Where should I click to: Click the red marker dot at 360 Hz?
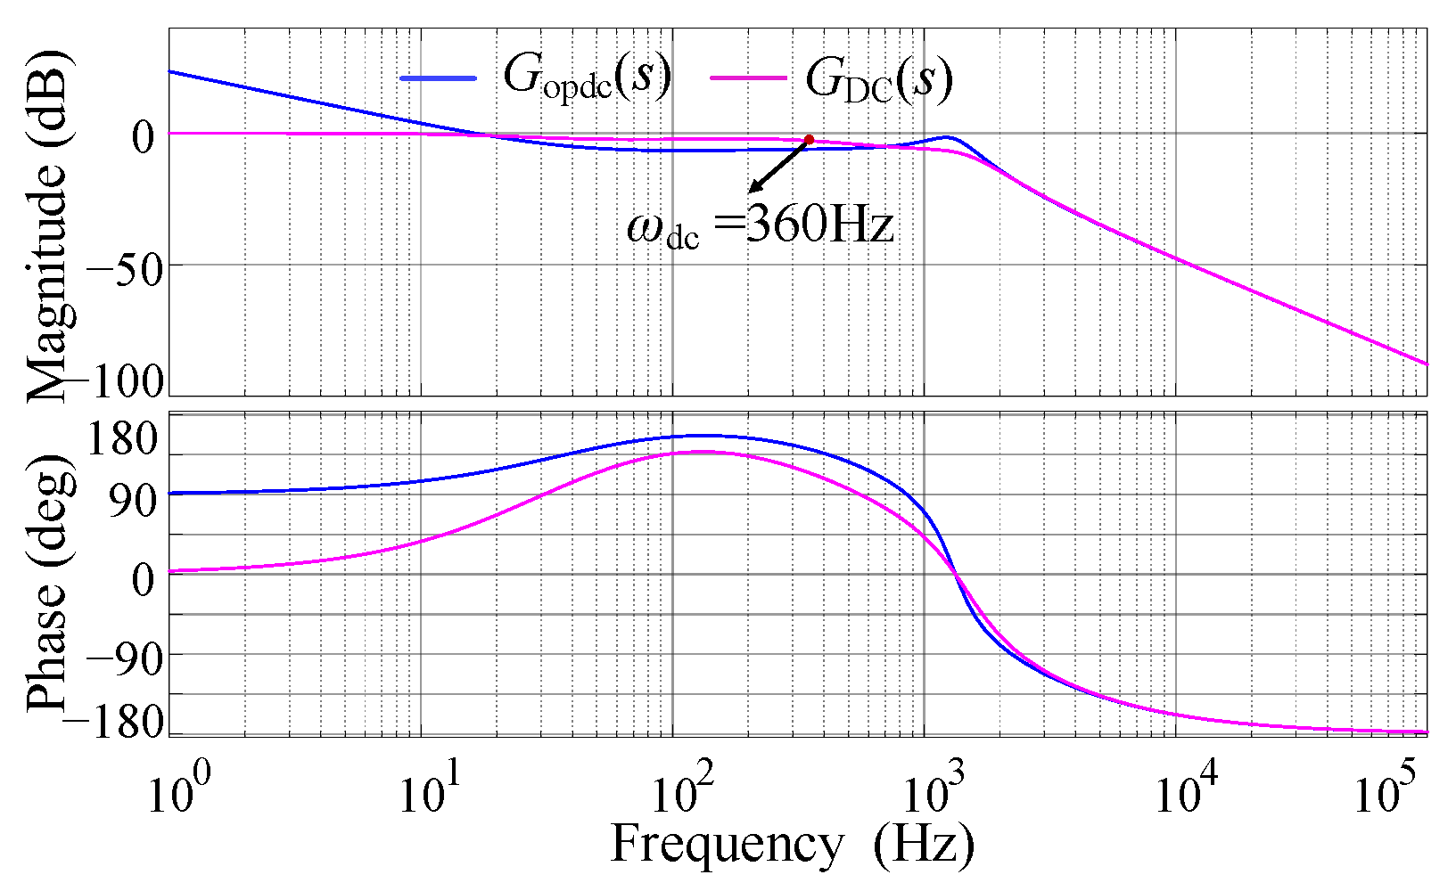click(809, 140)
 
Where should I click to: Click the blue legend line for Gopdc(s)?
click(438, 78)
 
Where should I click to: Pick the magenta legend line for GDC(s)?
click(748, 78)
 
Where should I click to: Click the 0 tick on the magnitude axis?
click(144, 136)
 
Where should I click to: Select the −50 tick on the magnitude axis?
click(125, 266)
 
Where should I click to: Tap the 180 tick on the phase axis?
click(123, 440)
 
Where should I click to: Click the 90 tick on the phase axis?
click(132, 503)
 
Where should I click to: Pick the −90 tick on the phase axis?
click(125, 658)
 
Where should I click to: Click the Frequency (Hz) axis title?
click(792, 844)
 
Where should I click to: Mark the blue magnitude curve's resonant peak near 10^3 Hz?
click(947, 137)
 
